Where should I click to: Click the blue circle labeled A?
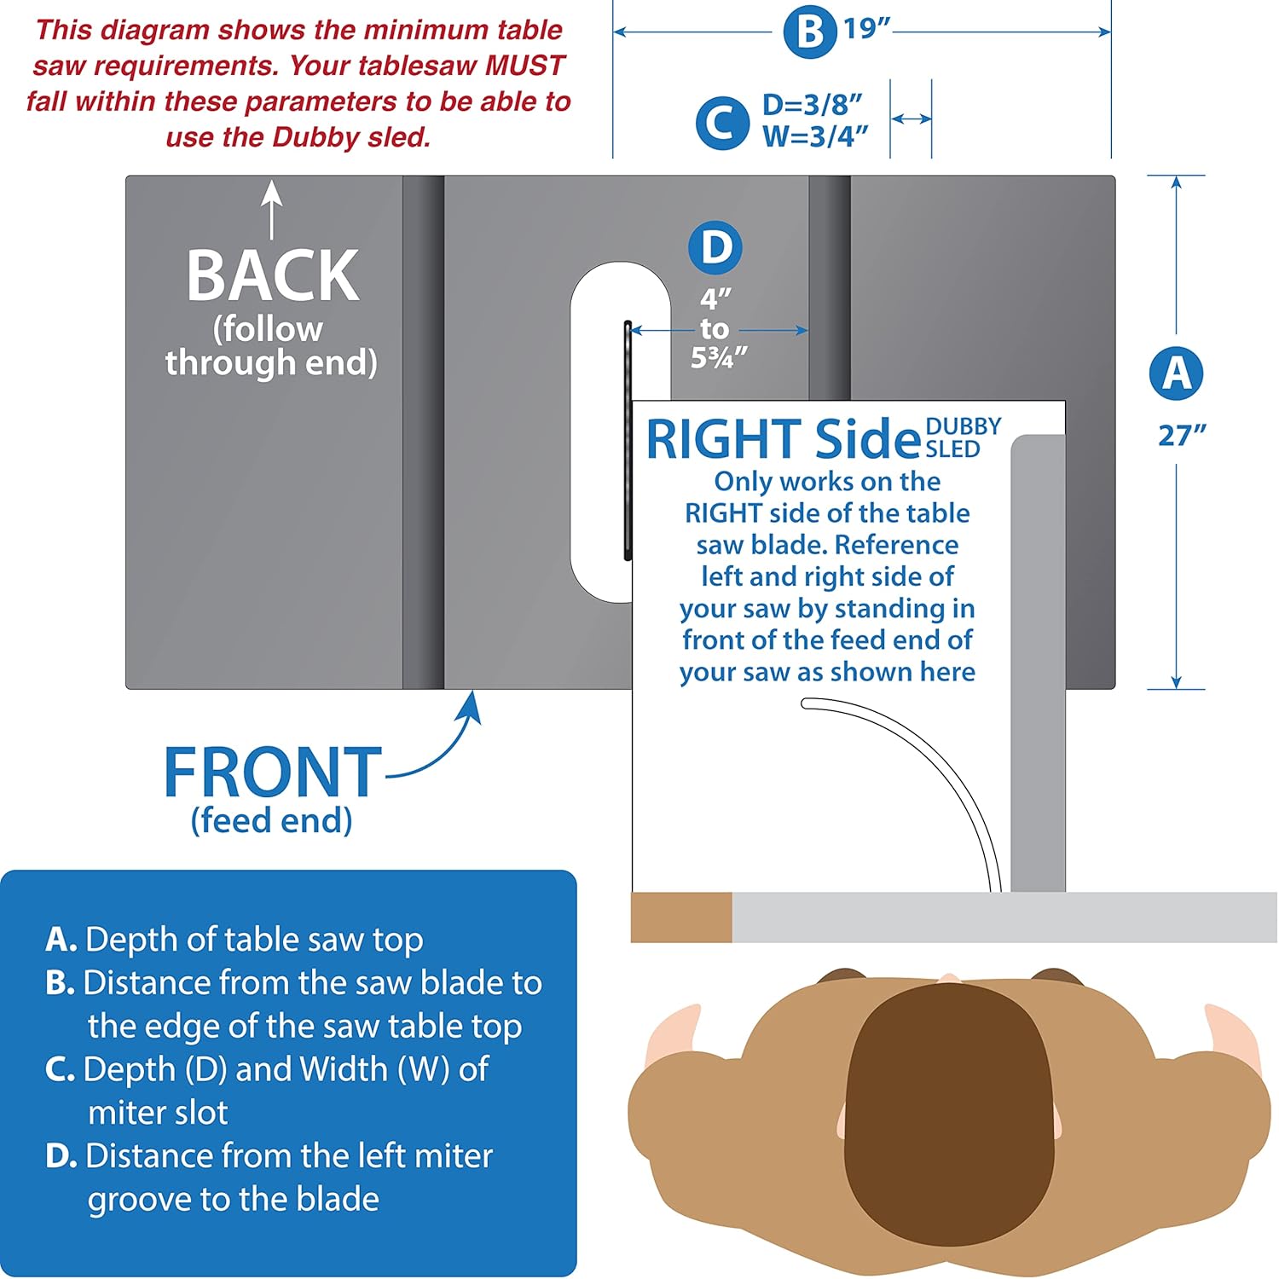(x=1176, y=373)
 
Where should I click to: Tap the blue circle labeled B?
(x=810, y=32)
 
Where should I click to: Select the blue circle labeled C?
(x=722, y=123)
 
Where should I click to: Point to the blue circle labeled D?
(x=715, y=247)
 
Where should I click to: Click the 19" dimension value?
(x=866, y=28)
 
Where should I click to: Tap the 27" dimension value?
(x=1182, y=436)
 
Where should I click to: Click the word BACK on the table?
(x=273, y=275)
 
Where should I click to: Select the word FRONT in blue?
(x=273, y=772)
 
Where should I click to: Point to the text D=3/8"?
(x=813, y=104)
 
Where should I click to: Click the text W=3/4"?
(x=815, y=136)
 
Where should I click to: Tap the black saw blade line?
(x=628, y=440)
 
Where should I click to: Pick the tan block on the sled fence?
(x=681, y=917)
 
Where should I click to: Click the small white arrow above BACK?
(x=272, y=210)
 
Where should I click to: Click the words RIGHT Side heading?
(x=783, y=439)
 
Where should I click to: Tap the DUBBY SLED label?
(x=963, y=437)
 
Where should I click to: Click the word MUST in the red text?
(x=525, y=66)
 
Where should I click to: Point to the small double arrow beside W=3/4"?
(x=911, y=119)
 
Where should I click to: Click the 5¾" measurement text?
(x=719, y=358)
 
